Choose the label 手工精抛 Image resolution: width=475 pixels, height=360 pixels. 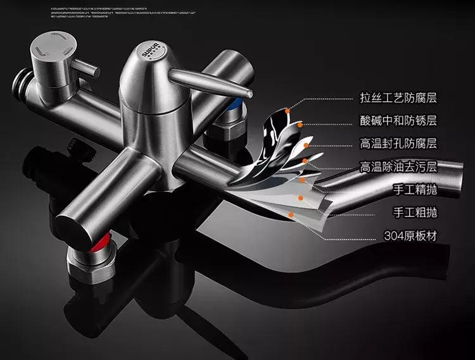click(x=415, y=190)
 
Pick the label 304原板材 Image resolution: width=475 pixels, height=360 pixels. click(x=411, y=236)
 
